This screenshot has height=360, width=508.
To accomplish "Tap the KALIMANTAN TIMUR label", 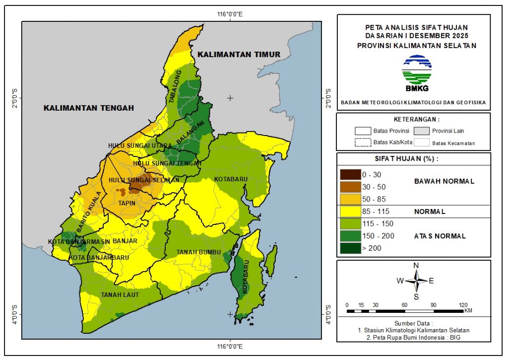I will (x=238, y=54).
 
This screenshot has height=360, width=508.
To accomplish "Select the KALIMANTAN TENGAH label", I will (x=89, y=108).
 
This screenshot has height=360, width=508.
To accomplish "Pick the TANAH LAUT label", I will (x=120, y=295).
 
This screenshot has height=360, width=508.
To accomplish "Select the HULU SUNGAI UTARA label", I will (x=140, y=145).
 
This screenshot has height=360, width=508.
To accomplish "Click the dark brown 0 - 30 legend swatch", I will (x=350, y=175).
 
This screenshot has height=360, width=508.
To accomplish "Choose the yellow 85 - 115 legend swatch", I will (x=350, y=212).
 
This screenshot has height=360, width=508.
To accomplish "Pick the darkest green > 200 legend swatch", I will (x=350, y=248).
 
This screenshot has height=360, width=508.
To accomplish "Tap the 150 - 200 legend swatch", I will (x=350, y=236).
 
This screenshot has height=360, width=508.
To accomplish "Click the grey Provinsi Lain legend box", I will (x=422, y=131).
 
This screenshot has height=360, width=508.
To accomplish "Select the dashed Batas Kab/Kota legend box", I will (x=363, y=143).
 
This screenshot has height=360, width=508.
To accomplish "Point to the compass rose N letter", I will (x=416, y=265).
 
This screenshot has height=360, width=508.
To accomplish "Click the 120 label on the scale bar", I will (x=463, y=304).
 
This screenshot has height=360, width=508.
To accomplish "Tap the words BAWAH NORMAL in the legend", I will (x=444, y=181).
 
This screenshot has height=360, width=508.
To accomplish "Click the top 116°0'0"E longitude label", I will (x=230, y=13).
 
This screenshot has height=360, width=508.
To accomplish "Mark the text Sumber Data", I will (x=413, y=322).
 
